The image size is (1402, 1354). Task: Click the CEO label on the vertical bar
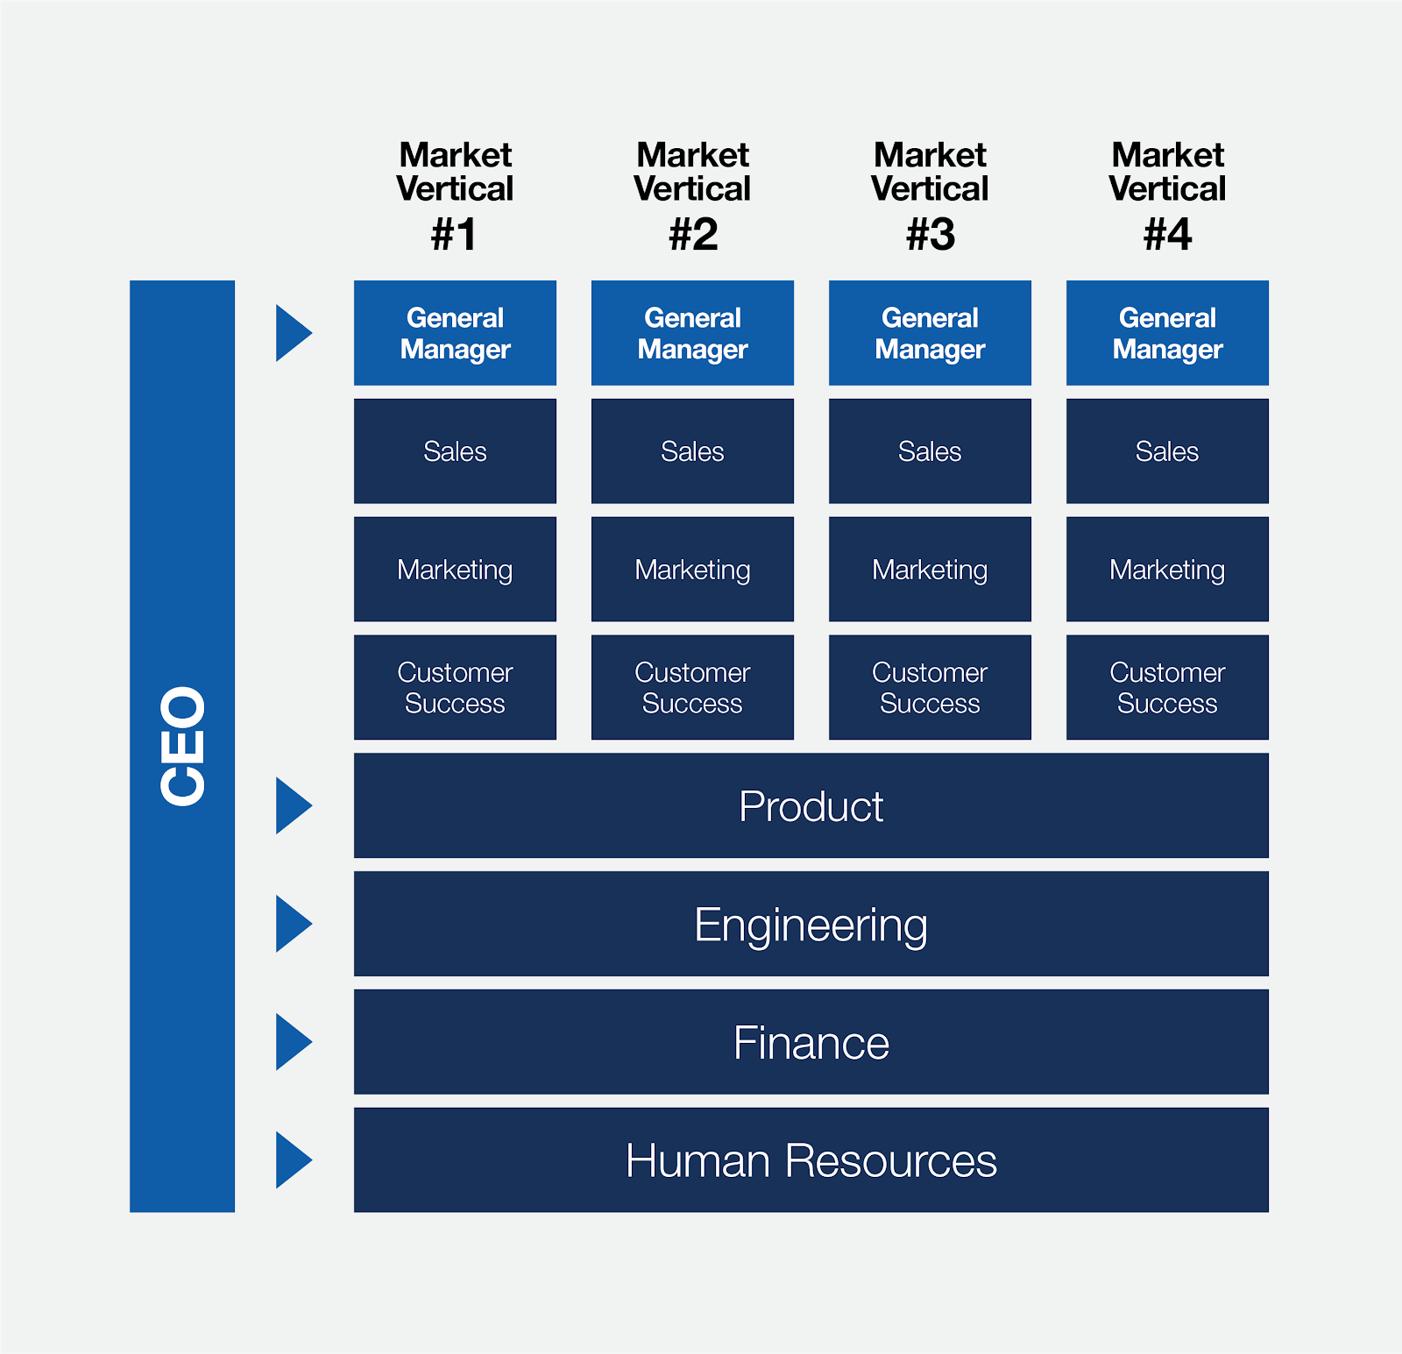click(x=182, y=746)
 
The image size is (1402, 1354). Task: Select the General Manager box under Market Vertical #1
click(x=455, y=333)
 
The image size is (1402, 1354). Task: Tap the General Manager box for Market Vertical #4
click(x=1167, y=333)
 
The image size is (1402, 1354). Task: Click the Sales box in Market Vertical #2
click(x=692, y=451)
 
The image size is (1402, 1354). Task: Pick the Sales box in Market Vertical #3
click(x=930, y=451)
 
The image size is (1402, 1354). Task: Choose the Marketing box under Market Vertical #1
click(x=455, y=570)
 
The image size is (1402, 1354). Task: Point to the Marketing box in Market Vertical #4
click(x=1167, y=570)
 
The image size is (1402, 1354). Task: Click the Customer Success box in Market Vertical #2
click(x=692, y=688)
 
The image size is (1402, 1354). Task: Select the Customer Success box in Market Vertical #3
click(x=930, y=688)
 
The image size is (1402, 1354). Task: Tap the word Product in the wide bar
click(x=811, y=806)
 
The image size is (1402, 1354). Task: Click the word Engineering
click(x=811, y=925)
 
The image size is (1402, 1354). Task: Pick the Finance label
click(x=811, y=1043)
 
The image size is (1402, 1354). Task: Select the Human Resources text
click(x=811, y=1161)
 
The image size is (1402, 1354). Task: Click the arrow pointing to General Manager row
click(x=292, y=333)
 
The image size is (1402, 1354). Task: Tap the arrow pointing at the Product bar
click(x=292, y=805)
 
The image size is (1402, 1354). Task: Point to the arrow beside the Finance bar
click(x=292, y=1042)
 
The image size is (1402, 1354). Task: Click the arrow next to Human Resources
click(x=292, y=1160)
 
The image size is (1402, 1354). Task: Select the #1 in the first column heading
click(x=454, y=235)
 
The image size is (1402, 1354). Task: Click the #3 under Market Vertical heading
click(x=930, y=235)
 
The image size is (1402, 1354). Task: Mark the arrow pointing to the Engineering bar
click(x=292, y=924)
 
